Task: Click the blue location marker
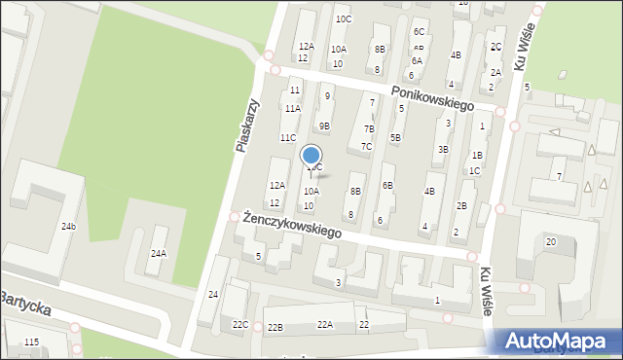(x=311, y=156)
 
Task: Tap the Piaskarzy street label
(x=248, y=125)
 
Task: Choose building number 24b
(x=68, y=227)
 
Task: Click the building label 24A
(x=158, y=253)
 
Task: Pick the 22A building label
(x=325, y=324)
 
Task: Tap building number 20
(x=551, y=241)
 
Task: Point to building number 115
(x=31, y=342)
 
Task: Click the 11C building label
(x=288, y=137)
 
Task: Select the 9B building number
(x=324, y=126)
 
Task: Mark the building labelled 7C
(x=366, y=147)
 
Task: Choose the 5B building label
(x=395, y=137)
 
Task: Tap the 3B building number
(x=443, y=149)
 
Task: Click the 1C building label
(x=474, y=171)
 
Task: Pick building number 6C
(x=419, y=32)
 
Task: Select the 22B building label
(x=275, y=328)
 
